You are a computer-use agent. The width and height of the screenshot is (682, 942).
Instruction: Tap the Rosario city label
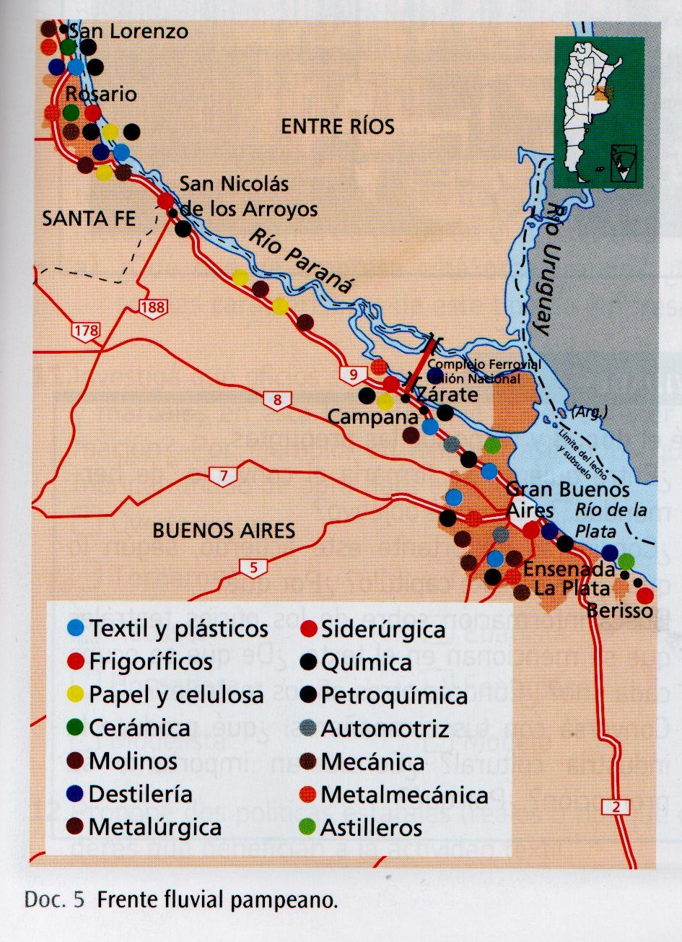pyautogui.click(x=100, y=95)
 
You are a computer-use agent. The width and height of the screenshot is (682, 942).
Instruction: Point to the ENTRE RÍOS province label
pyautogui.click(x=337, y=127)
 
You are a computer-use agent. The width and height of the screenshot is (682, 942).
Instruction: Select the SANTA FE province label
pyautogui.click(x=89, y=218)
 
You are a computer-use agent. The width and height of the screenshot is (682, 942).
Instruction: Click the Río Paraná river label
pyautogui.click(x=302, y=259)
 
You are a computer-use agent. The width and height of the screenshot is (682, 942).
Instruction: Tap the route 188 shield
pyautogui.click(x=154, y=308)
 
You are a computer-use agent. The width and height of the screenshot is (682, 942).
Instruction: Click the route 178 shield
pyautogui.click(x=84, y=331)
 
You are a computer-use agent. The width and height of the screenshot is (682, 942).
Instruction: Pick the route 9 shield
pyautogui.click(x=352, y=374)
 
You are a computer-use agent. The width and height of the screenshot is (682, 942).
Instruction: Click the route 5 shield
pyautogui.click(x=253, y=568)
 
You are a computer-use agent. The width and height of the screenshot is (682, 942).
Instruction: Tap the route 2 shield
pyautogui.click(x=616, y=808)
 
